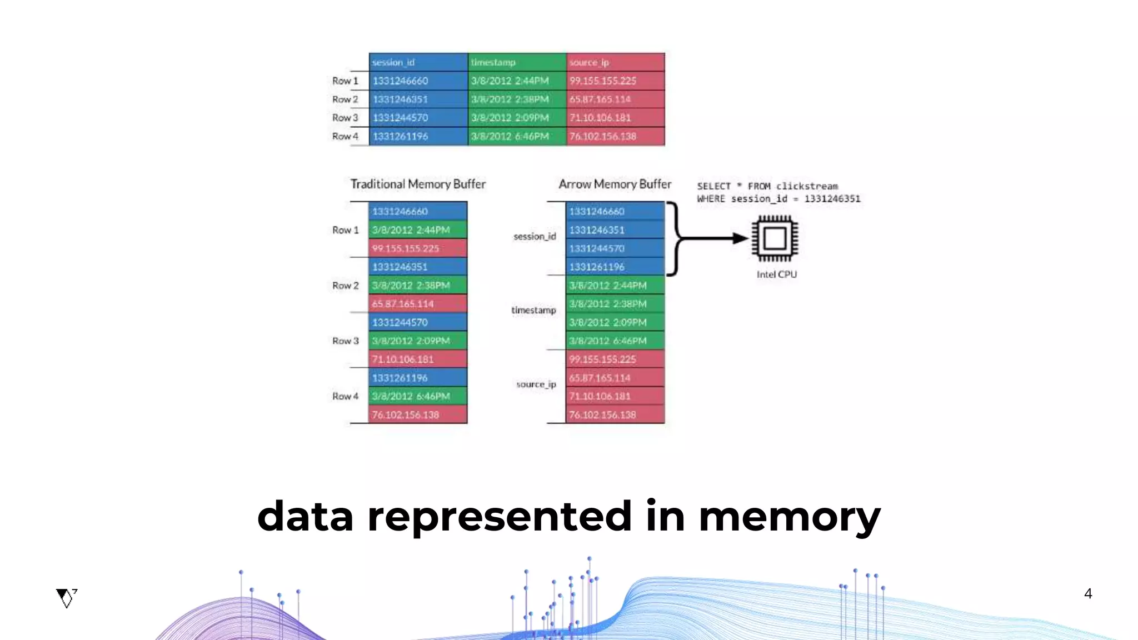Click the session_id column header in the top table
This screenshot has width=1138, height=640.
point(418,62)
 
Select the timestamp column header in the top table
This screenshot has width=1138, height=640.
point(517,62)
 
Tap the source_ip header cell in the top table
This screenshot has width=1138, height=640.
point(615,62)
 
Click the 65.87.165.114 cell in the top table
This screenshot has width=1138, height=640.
point(615,99)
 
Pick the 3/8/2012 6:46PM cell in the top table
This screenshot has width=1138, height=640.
point(517,136)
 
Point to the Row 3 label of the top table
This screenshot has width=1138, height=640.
point(345,118)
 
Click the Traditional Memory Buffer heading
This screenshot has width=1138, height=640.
point(418,184)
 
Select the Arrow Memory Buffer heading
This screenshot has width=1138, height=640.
point(615,184)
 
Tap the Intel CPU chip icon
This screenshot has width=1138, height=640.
point(775,239)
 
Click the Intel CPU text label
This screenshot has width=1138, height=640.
point(776,274)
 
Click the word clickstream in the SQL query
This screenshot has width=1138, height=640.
point(807,186)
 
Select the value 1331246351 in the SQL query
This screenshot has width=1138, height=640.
point(832,199)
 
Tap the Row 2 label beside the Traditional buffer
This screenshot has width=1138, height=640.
point(345,286)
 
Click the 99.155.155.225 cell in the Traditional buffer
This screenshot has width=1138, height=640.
point(417,248)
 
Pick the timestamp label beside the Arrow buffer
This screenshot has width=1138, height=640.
point(533,310)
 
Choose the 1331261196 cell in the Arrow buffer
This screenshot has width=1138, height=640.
point(615,267)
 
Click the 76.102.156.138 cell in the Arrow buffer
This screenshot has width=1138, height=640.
point(615,414)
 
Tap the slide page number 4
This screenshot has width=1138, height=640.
point(1088,594)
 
